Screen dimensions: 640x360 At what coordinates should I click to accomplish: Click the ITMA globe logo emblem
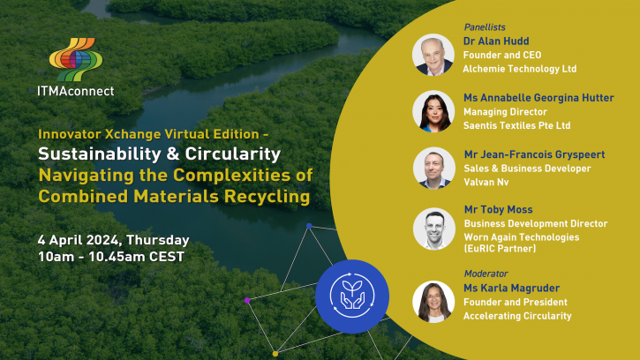click(76, 59)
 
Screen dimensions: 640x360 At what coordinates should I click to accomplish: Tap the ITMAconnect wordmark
click(76, 91)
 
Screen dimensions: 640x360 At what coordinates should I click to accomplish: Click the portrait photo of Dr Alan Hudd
click(433, 55)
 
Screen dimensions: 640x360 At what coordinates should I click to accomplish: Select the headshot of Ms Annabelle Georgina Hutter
click(433, 111)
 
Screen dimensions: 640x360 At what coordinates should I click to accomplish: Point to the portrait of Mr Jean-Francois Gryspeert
click(434, 169)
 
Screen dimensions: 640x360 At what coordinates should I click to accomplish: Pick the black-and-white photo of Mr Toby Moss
click(434, 229)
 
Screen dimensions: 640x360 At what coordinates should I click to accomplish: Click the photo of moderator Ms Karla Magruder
click(433, 302)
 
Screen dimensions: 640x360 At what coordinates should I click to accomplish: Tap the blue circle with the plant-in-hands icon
click(352, 296)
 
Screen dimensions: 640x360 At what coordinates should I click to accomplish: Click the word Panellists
click(485, 27)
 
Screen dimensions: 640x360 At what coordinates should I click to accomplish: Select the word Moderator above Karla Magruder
click(486, 274)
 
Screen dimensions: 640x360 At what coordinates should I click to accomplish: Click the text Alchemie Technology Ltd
click(520, 69)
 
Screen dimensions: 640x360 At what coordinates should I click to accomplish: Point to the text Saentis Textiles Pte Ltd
click(516, 125)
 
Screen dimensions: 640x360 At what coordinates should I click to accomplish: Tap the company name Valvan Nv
click(486, 182)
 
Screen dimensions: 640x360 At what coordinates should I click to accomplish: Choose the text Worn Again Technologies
click(522, 237)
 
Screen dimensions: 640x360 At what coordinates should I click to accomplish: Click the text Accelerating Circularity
click(517, 316)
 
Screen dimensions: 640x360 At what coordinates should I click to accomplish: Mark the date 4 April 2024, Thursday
click(114, 240)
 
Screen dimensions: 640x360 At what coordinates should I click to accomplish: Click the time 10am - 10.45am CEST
click(111, 257)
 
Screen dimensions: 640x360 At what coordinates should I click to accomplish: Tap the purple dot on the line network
click(247, 300)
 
